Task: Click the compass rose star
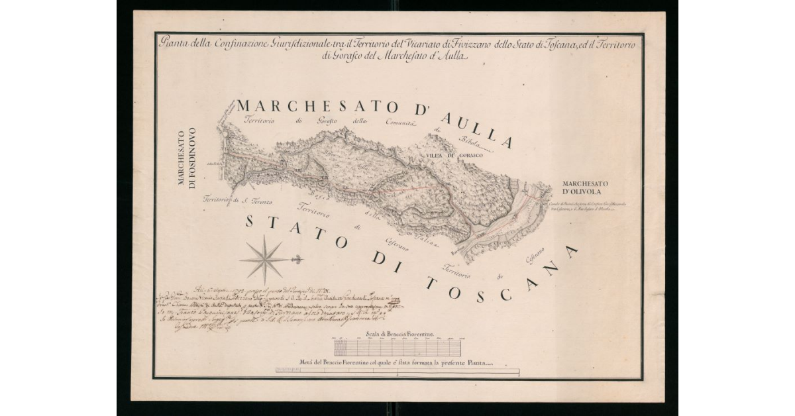264,259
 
